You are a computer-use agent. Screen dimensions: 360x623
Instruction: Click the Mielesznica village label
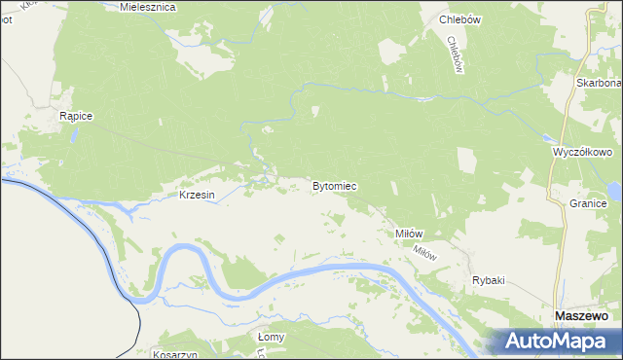tap(147, 6)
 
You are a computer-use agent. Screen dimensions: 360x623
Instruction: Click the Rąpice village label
tap(75, 116)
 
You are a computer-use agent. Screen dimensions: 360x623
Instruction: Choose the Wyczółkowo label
tap(581, 153)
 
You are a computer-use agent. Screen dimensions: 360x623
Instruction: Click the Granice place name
tap(589, 203)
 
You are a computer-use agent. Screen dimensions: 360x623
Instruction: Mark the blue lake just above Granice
tap(614, 189)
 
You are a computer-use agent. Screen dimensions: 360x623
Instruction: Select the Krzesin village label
tap(197, 195)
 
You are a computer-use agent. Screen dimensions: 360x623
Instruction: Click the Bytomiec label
tap(334, 185)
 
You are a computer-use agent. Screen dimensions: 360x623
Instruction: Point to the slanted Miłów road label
tap(424, 251)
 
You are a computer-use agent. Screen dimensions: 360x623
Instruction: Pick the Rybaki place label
tap(488, 280)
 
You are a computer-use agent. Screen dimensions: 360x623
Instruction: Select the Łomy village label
tap(271, 337)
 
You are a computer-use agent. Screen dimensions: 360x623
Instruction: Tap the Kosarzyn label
tap(175, 355)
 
